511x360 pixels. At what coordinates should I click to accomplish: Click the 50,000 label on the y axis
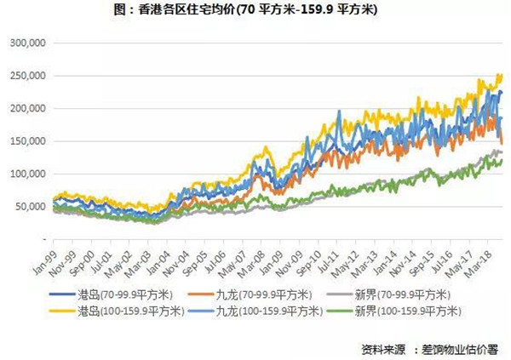point(29,207)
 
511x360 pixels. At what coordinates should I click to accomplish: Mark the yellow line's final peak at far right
point(500,75)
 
